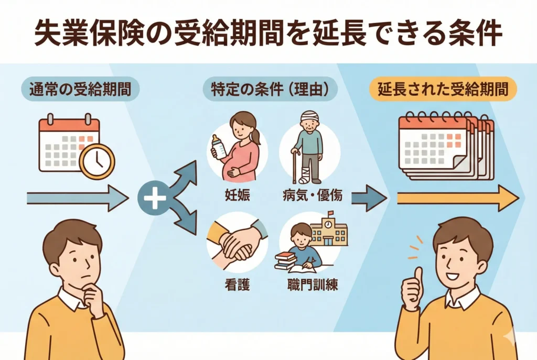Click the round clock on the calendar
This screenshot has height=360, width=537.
click(96, 161)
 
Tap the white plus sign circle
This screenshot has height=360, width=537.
click(154, 200)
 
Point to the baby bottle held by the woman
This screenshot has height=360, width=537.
click(216, 146)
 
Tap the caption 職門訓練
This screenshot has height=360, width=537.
click(312, 285)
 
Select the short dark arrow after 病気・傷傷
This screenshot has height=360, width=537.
click(369, 198)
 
